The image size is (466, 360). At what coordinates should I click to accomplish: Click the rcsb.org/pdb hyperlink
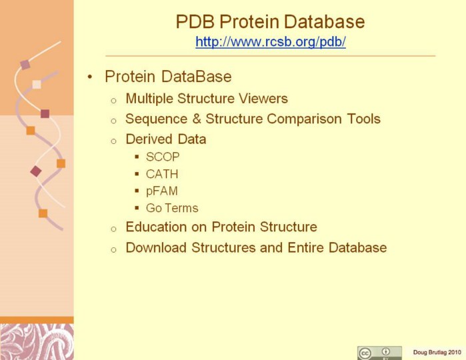pyautogui.click(x=271, y=41)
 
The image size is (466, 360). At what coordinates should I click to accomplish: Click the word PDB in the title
pyautogui.click(x=195, y=21)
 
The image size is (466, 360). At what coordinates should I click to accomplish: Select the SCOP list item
pyautogui.click(x=163, y=157)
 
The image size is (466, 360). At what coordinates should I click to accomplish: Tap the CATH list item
pyautogui.click(x=162, y=174)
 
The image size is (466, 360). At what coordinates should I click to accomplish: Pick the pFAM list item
pyautogui.click(x=162, y=191)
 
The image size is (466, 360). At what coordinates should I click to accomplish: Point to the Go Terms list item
pyautogui.click(x=172, y=208)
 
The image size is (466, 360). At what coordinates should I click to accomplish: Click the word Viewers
pyautogui.click(x=263, y=99)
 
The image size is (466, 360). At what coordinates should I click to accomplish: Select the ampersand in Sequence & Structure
pyautogui.click(x=197, y=119)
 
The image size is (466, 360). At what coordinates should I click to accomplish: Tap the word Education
pyautogui.click(x=156, y=227)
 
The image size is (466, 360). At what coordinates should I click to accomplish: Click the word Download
pyautogui.click(x=156, y=247)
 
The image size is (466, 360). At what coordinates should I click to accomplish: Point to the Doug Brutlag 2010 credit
pyautogui.click(x=437, y=353)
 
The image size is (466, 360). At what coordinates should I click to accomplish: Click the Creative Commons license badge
pyautogui.click(x=379, y=353)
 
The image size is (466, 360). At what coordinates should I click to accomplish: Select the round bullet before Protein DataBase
pyautogui.click(x=90, y=77)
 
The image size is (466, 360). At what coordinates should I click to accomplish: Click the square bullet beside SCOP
pyautogui.click(x=137, y=157)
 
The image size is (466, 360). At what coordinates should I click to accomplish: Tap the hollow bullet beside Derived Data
pyautogui.click(x=113, y=141)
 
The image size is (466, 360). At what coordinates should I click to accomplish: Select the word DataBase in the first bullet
pyautogui.click(x=197, y=77)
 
